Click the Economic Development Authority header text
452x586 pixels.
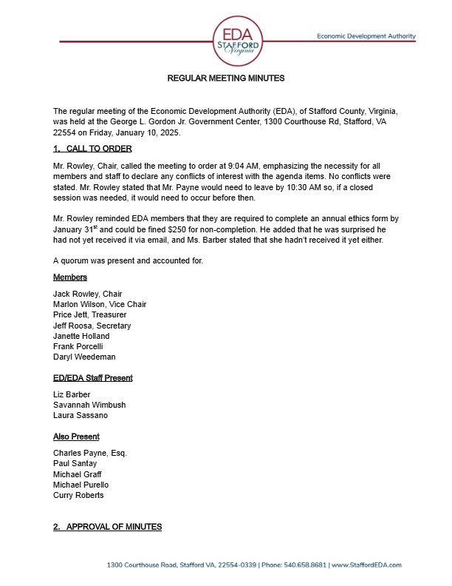click(x=366, y=36)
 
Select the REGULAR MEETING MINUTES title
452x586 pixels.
click(x=226, y=78)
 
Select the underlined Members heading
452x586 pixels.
click(x=70, y=277)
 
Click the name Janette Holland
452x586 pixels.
click(x=81, y=336)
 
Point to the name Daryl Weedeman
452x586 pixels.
click(x=84, y=357)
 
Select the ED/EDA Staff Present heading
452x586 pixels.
click(x=93, y=377)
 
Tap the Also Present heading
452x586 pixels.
click(x=76, y=436)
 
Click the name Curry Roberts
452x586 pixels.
click(x=78, y=495)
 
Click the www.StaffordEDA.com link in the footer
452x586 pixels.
click(x=366, y=565)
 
